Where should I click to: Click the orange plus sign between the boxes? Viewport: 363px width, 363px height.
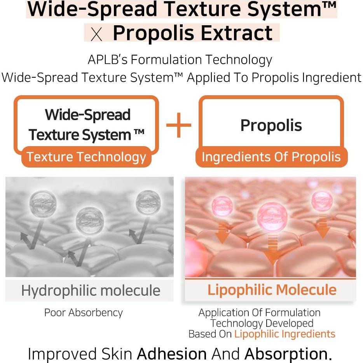point(179,125)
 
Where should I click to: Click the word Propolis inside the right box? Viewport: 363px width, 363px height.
point(271,125)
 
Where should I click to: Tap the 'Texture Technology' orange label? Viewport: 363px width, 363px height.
point(86,157)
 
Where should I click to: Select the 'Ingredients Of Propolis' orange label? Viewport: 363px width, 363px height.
point(271,157)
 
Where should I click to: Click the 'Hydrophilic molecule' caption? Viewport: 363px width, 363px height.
point(91,290)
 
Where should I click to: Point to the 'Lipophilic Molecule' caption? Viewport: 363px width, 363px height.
point(272,290)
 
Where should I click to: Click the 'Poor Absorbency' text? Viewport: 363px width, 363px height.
point(83,313)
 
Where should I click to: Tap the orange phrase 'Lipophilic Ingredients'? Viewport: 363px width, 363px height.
point(284,334)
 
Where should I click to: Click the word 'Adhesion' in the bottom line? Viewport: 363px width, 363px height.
point(172,354)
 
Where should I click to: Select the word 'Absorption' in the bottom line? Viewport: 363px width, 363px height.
point(286,354)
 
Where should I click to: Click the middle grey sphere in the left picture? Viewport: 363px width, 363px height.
point(90,220)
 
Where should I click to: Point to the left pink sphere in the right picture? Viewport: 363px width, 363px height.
point(222,206)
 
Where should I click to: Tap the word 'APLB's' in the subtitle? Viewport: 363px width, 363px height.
point(105,60)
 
